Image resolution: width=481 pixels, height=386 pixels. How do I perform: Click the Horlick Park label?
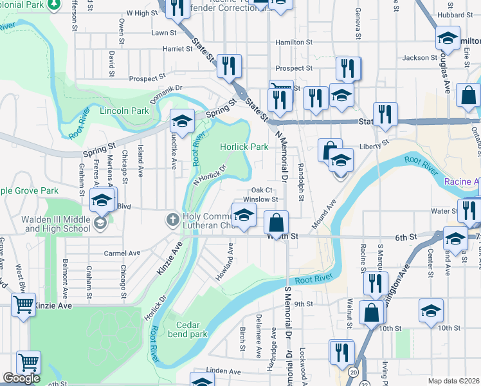coord(244,147)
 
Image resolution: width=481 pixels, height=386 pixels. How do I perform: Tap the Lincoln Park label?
coord(125,111)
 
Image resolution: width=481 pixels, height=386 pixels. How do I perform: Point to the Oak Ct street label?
coord(262,190)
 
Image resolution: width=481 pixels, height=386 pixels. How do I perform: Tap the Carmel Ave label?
coord(122,253)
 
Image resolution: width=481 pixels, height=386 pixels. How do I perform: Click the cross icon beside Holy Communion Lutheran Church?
coord(172,219)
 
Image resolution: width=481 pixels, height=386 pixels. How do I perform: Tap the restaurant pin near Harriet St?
coord(228,65)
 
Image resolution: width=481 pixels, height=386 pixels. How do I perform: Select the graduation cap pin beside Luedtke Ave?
coord(182,121)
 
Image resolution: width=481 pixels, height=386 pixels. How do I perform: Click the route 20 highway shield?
coord(353,372)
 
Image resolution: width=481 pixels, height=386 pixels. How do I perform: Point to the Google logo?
coord(21,378)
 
